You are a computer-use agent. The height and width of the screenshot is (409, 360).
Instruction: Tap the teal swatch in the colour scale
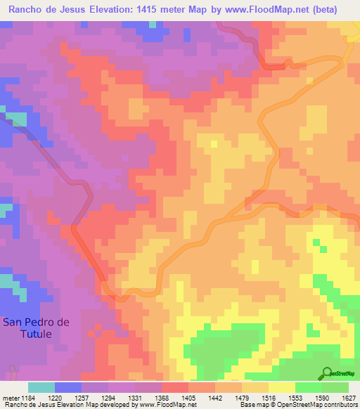tap(41, 387)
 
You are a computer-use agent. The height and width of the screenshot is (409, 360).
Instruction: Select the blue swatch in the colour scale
tap(68, 387)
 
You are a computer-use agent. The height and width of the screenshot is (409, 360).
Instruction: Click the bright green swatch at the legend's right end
tap(335, 387)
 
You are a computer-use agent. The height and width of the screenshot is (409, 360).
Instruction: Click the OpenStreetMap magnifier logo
tap(327, 372)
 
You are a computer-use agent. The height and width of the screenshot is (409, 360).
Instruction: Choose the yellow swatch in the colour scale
tap(282, 387)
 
